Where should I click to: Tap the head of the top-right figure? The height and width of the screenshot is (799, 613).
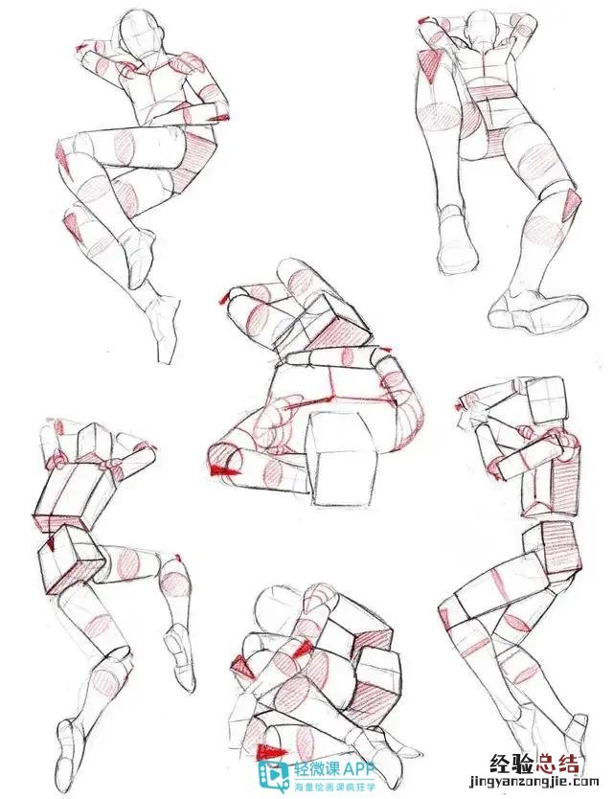(x=482, y=29)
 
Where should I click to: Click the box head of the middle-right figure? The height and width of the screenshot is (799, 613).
(x=545, y=401)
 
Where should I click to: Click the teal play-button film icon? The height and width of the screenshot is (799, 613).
(x=273, y=777)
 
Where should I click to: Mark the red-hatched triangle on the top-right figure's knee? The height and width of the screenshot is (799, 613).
(x=571, y=204)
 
